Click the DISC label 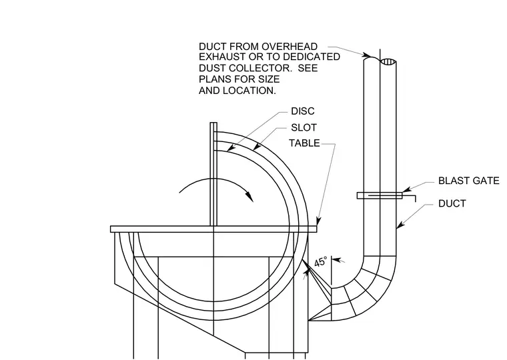click(x=303, y=111)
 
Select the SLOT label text click(x=304, y=127)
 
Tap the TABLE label click(x=304, y=143)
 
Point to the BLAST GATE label click(x=468, y=181)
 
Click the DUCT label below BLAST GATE click(x=452, y=203)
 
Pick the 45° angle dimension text click(x=321, y=261)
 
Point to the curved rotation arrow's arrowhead click(x=249, y=196)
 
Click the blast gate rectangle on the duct click(x=380, y=195)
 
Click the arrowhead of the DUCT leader click(x=400, y=225)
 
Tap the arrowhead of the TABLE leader click(x=318, y=221)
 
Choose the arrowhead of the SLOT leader click(x=256, y=147)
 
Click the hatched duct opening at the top click(x=388, y=62)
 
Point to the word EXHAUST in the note click(x=222, y=57)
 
